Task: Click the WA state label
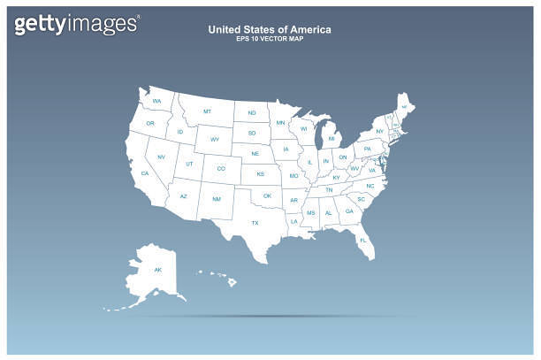[x=156, y=102]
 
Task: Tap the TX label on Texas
[x=255, y=223]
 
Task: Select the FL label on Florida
[x=362, y=240]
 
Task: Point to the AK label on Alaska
[x=158, y=269]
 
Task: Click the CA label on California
[x=144, y=173]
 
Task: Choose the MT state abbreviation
[x=207, y=111]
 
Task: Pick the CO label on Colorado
[x=221, y=168]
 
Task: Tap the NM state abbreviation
[x=217, y=200]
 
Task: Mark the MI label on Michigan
[x=331, y=138]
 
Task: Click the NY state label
[x=379, y=131]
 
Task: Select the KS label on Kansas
[x=261, y=173]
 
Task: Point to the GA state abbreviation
[x=349, y=211]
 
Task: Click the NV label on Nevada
[x=161, y=157]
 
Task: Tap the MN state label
[x=280, y=123]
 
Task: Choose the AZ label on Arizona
[x=184, y=196]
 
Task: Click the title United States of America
[x=270, y=29]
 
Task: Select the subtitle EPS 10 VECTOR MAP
[x=270, y=40]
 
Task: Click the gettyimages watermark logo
[x=76, y=23]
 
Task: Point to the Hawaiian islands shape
[x=219, y=277]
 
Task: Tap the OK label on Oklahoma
[x=267, y=195]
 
